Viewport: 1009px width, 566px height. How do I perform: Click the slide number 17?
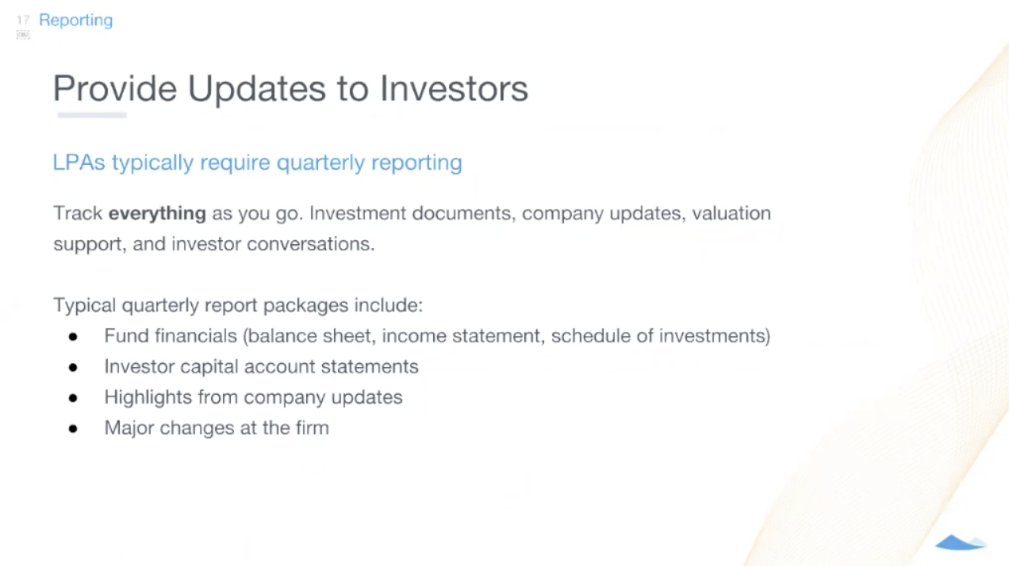22,20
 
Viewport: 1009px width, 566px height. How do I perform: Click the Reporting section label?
75,20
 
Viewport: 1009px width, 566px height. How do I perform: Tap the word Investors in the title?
454,88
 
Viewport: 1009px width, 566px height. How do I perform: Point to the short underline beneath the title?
92,116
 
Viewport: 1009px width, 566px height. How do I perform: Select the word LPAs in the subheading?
79,163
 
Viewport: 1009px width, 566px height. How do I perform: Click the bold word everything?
157,213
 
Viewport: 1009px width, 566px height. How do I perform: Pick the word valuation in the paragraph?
731,213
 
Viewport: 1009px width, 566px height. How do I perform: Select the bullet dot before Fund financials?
73,337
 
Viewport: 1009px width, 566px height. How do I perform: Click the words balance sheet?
312,336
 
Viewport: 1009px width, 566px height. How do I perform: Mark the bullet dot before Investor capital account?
73,367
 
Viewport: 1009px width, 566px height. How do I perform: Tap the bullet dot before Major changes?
73,429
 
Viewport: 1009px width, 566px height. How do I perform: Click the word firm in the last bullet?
313,428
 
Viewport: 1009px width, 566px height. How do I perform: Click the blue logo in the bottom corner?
960,543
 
